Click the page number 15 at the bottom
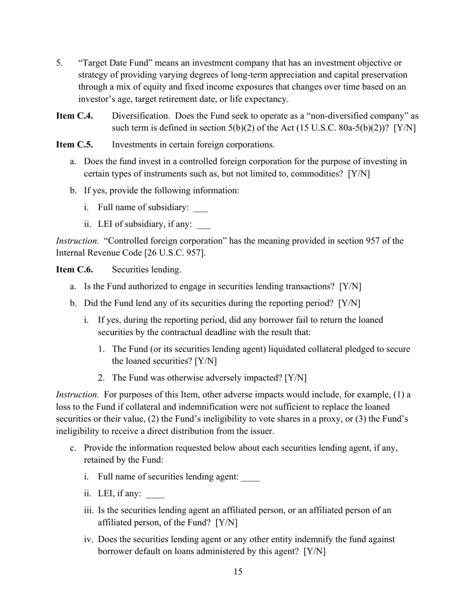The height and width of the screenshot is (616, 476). (237, 572)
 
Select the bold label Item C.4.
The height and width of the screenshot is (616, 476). (74, 116)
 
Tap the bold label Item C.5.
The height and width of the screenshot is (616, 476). (74, 145)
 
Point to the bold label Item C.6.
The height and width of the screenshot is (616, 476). (74, 269)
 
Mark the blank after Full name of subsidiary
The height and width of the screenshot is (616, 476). (200, 208)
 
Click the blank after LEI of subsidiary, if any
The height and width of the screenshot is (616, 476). (203, 225)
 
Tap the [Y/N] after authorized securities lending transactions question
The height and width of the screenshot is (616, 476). (350, 286)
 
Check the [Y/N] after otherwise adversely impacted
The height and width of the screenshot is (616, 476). (296, 378)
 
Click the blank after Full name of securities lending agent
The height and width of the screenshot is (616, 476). (250, 477)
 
